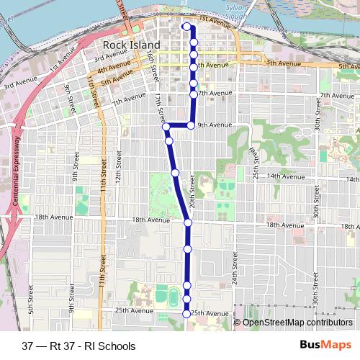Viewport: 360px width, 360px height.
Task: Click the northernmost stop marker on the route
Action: coord(186,27)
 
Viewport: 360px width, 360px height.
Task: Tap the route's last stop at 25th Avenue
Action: coord(186,313)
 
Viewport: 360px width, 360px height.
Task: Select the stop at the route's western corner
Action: coord(166,127)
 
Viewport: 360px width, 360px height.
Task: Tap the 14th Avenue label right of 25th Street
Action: coord(282,176)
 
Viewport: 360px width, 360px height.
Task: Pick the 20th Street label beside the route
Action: coord(192,194)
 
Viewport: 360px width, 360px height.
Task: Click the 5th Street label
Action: coord(30,298)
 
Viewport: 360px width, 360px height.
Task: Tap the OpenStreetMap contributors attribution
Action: coord(297,322)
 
